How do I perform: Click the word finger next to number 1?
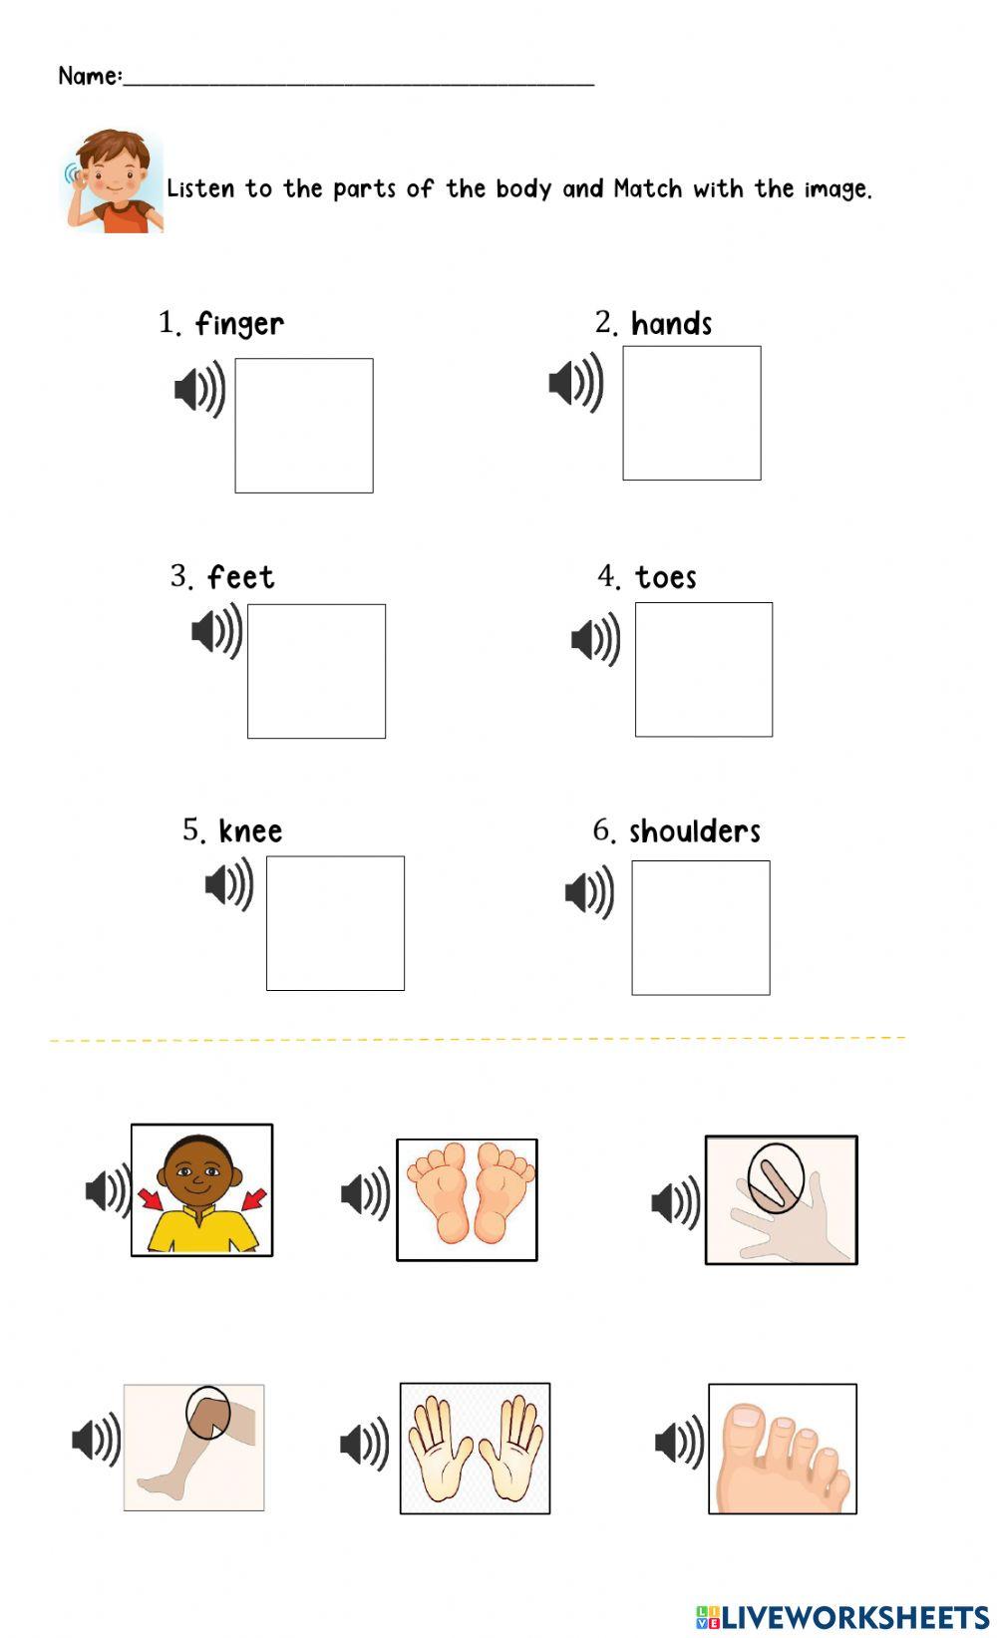pos(240,324)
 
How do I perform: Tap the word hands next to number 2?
pos(672,323)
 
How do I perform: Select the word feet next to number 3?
pos(241,577)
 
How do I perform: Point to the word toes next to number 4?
pos(666,577)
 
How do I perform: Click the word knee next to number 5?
pos(251,830)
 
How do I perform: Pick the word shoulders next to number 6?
pos(695,830)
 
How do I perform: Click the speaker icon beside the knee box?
pos(229,884)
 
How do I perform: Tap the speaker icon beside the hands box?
pos(576,383)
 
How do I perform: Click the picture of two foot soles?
pos(467,1199)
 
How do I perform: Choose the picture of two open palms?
pos(475,1448)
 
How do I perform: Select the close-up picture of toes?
pos(782,1449)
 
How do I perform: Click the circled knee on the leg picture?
pos(207,1412)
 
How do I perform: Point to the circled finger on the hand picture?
pos(776,1178)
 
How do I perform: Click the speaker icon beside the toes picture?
pos(680,1442)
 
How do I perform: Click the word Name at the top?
pos(89,76)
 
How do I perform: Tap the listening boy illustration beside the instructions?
pos(112,181)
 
